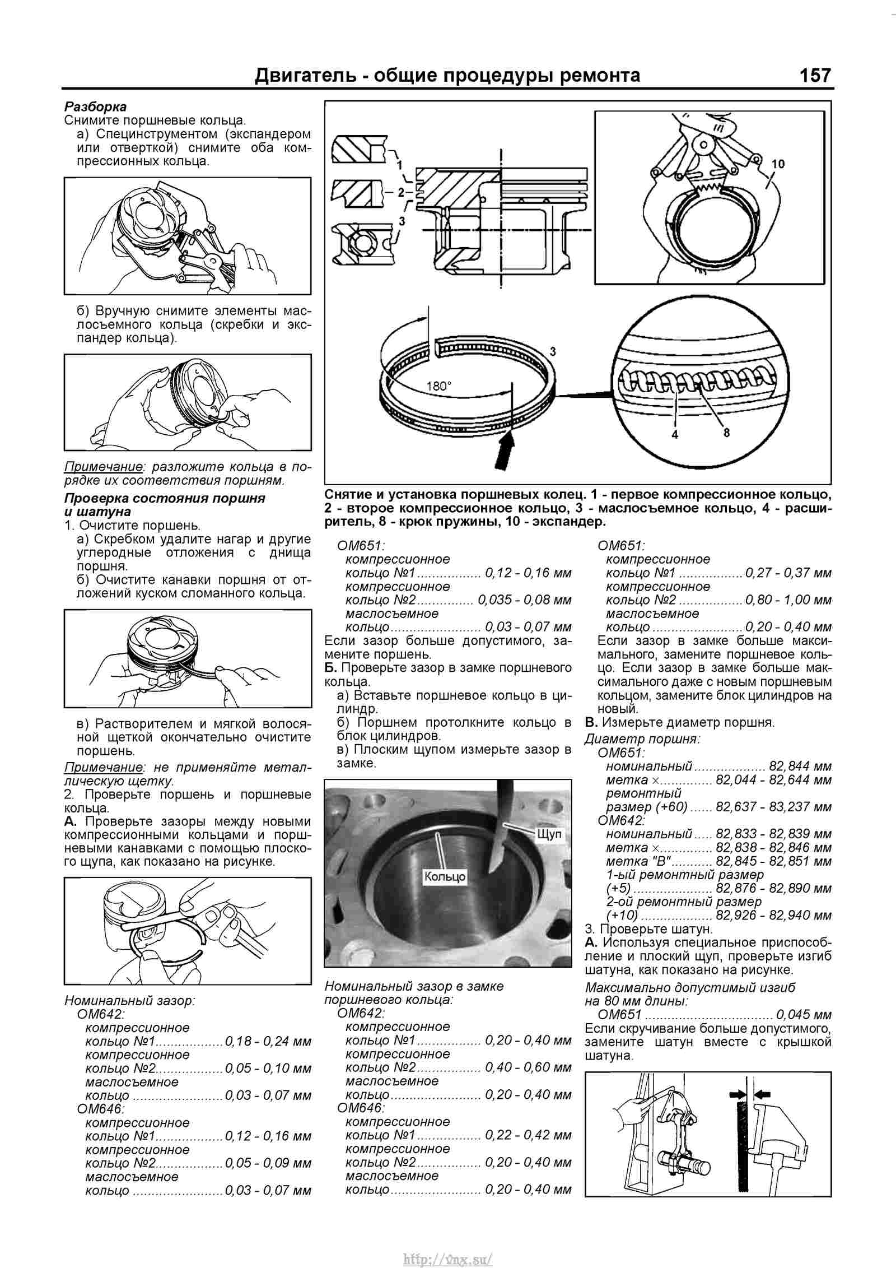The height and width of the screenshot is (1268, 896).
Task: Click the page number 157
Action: pos(815,75)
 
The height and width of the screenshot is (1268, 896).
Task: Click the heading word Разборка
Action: pos(96,106)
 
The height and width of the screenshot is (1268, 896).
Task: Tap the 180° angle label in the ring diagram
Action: pos(438,386)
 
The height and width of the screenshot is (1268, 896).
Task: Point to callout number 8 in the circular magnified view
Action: pos(726,433)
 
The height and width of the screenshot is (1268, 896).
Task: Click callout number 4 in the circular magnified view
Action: pos(675,434)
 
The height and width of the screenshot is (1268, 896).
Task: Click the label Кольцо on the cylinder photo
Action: pos(445,876)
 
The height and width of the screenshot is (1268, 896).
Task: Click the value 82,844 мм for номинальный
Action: pos(800,766)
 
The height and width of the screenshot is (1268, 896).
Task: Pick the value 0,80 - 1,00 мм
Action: pos(788,600)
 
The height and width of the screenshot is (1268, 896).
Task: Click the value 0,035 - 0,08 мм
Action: pos(525,600)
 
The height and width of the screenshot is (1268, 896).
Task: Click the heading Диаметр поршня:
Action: pos(642,739)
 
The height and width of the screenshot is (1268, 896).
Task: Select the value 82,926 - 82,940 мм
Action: pos(773,916)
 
